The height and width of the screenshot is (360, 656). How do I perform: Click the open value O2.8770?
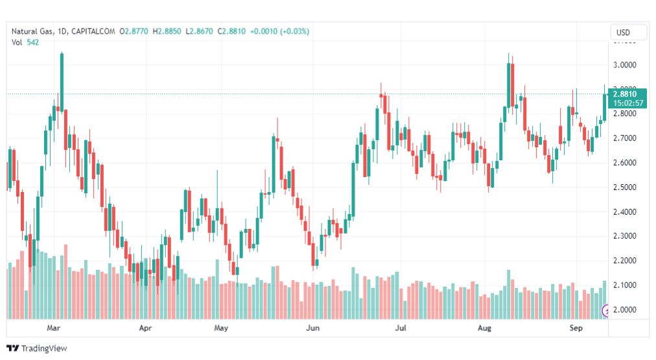[x=134, y=31]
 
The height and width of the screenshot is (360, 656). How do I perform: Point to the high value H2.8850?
[x=167, y=31]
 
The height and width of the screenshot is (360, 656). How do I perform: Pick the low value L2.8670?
[x=200, y=31]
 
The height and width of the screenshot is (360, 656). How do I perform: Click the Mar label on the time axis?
[x=54, y=329]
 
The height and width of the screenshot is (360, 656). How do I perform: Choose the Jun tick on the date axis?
[x=313, y=329]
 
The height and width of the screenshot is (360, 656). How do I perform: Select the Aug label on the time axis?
[x=485, y=329]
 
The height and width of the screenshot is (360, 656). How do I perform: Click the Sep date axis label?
[x=576, y=329]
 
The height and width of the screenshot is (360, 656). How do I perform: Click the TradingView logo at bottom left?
[x=37, y=348]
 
